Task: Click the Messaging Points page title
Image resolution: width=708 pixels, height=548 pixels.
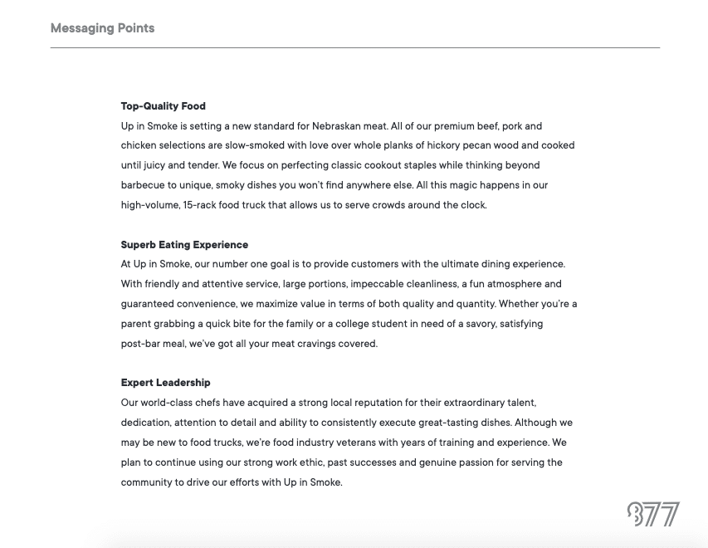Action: pos(102,28)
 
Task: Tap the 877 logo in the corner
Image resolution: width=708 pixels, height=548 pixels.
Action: pos(653,514)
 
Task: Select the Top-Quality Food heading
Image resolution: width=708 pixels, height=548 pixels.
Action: pos(164,106)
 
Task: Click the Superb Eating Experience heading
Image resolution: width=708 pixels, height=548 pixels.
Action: pos(184,245)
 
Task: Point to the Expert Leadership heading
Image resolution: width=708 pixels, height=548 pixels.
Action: pos(165,383)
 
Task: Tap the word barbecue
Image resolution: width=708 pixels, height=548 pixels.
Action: pos(143,185)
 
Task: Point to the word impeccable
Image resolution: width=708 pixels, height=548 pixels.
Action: pos(378,284)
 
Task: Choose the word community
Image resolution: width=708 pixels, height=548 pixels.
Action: pos(147,482)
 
